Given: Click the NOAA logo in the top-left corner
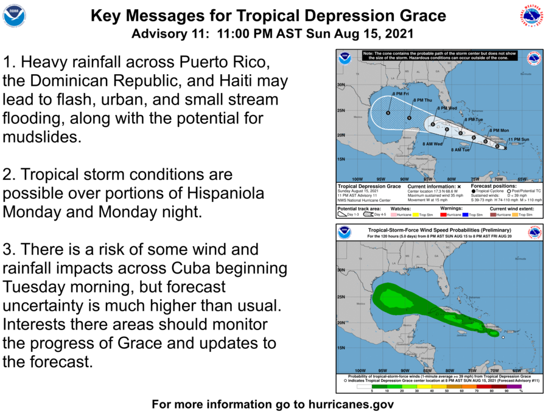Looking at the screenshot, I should (14, 16).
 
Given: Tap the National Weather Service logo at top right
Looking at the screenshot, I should (531, 16).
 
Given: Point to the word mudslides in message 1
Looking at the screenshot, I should (41, 136).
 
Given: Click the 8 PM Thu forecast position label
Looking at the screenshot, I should (422, 100).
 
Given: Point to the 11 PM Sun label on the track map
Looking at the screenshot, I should (519, 140).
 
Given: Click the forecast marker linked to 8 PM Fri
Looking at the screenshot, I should (388, 112).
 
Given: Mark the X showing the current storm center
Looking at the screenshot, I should (505, 147).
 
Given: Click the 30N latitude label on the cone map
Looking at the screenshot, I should (341, 85).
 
